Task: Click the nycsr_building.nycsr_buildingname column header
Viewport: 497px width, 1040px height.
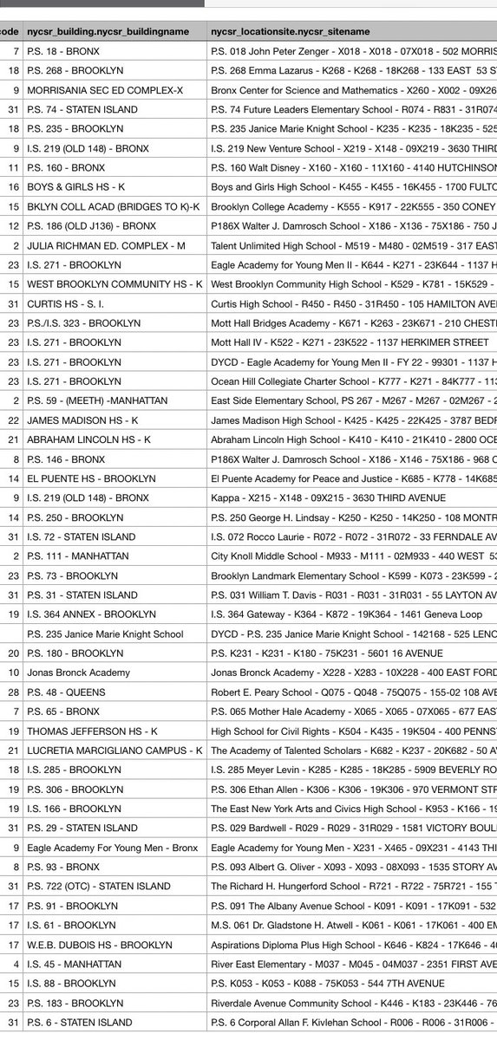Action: (108, 30)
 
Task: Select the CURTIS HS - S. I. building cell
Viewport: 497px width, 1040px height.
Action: (69, 303)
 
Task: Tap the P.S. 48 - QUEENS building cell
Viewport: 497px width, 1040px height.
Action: (66, 692)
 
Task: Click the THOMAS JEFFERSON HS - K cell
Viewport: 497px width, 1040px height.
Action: (90, 731)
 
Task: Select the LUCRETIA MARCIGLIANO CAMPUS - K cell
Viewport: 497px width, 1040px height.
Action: (114, 751)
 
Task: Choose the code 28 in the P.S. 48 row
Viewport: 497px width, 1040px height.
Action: (14, 692)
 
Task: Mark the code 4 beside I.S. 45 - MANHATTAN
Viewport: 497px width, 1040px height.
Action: (16, 964)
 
